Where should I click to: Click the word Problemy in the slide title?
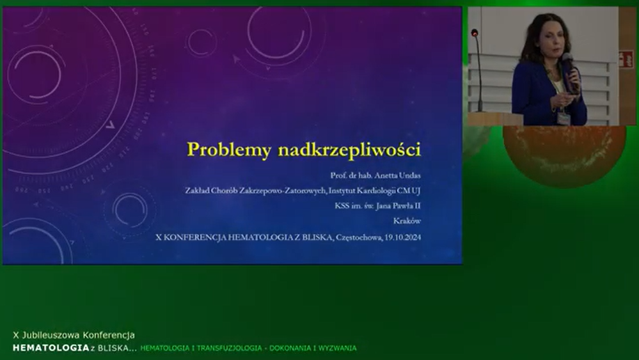click(x=228, y=150)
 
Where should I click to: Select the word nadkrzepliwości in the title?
click(x=350, y=149)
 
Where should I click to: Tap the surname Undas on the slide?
click(x=409, y=175)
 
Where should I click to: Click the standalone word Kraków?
click(x=407, y=221)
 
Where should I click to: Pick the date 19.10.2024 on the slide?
click(x=402, y=237)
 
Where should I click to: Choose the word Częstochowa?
click(x=359, y=237)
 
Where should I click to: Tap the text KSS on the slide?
click(x=342, y=206)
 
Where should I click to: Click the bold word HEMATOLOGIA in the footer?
click(x=51, y=348)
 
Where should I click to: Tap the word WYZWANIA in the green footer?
click(x=338, y=348)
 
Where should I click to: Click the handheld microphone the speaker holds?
click(x=570, y=71)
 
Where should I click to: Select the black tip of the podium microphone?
click(x=475, y=32)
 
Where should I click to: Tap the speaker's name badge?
click(x=564, y=118)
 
